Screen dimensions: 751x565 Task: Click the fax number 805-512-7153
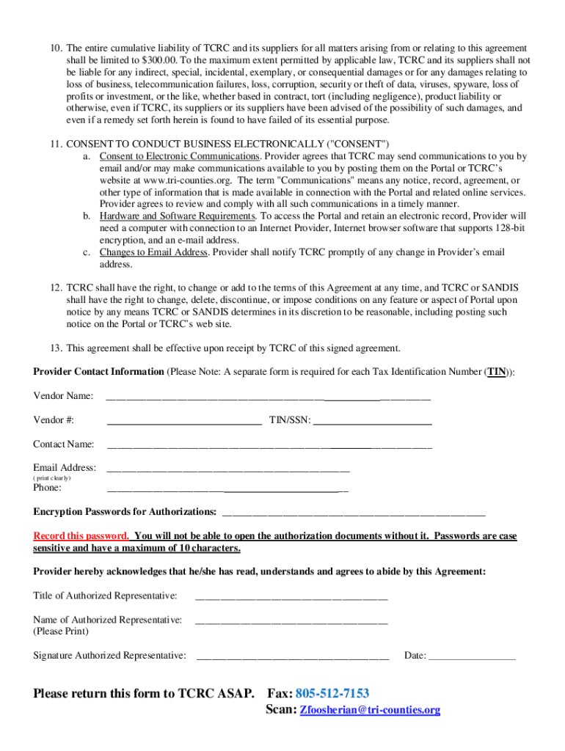tap(332, 693)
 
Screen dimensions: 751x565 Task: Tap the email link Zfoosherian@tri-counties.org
tap(371, 710)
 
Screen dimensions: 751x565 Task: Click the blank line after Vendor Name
tap(269, 399)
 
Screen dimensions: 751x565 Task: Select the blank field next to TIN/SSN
tap(372, 422)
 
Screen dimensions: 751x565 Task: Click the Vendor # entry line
tap(184, 422)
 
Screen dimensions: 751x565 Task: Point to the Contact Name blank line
tap(269, 446)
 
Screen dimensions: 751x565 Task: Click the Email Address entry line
tap(228, 469)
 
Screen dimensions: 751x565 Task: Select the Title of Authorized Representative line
tap(291, 597)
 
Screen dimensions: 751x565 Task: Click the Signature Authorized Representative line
tap(293, 658)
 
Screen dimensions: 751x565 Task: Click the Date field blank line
tap(472, 658)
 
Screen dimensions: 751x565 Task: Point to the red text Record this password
tap(81, 536)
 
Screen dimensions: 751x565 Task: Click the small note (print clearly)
tap(52, 478)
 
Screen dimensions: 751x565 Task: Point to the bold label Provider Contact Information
tap(98, 371)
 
